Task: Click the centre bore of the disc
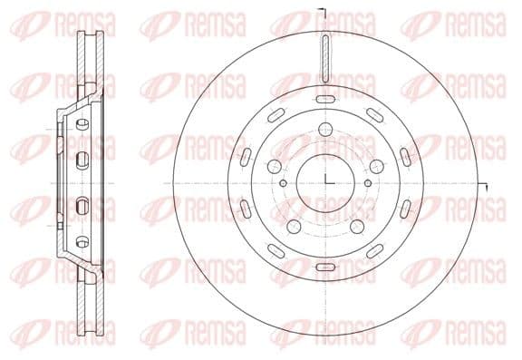point(324,180)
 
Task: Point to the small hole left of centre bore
point(285,185)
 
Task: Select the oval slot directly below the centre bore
point(324,265)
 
